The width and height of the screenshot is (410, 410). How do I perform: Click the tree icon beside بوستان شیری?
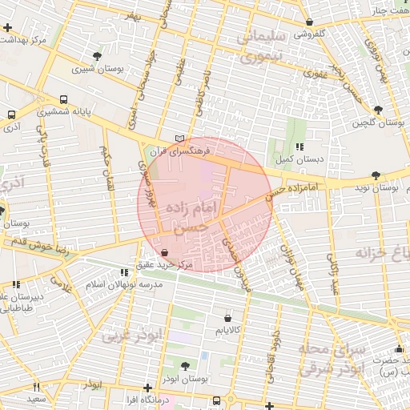click(x=98, y=56)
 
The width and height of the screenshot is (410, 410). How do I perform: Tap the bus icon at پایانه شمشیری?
click(x=64, y=101)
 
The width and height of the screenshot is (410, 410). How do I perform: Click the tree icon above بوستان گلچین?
click(x=378, y=110)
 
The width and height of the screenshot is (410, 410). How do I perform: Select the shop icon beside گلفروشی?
click(x=310, y=22)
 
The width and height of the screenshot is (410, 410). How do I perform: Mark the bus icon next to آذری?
click(x=11, y=115)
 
